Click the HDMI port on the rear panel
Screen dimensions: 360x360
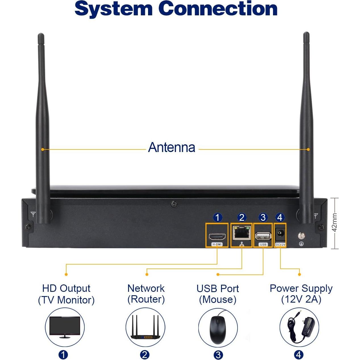coord(217,236)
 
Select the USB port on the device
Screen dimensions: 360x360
coord(263,236)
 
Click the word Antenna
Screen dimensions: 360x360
coord(172,147)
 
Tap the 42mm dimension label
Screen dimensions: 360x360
coord(335,222)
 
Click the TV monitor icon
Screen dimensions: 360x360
coord(65,327)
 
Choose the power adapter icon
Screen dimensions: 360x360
coord(299,327)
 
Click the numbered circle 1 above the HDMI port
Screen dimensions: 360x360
coord(217,218)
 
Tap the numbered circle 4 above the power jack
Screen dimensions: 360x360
coord(280,218)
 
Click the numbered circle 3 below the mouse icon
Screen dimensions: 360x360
coord(218,355)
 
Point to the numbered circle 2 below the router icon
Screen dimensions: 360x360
coord(145,355)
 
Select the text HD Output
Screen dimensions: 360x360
coord(66,288)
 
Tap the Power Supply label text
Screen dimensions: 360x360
coord(301,288)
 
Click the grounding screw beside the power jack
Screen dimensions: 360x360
coord(301,236)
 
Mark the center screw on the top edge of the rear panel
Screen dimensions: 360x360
coord(174,204)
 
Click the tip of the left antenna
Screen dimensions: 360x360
coord(41,35)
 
